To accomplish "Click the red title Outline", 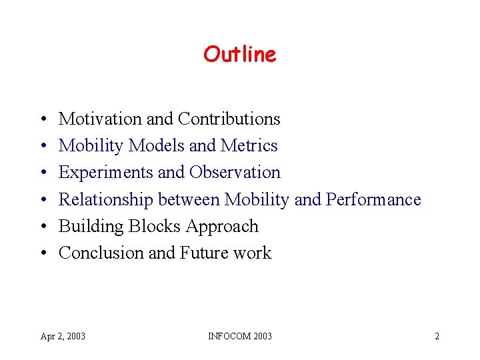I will [239, 54].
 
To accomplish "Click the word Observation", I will [235, 173].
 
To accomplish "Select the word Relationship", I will [106, 199].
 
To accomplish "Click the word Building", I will [91, 227].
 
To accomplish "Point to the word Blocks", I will [154, 227].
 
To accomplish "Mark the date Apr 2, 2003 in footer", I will [63, 336].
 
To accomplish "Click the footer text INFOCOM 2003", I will [239, 336].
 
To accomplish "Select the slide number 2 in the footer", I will [437, 336].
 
